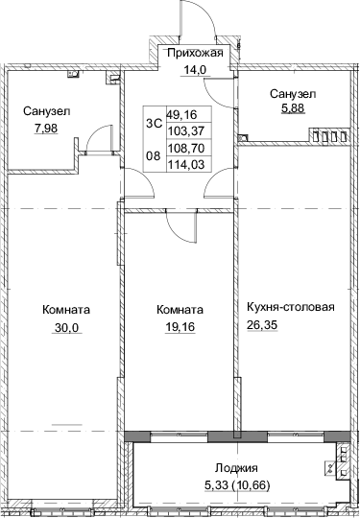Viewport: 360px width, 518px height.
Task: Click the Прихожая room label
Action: pyautogui.click(x=195, y=53)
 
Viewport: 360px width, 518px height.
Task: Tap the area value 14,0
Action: pyautogui.click(x=195, y=70)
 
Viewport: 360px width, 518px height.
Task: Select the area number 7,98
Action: pyautogui.click(x=46, y=129)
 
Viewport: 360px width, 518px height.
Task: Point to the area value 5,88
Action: pyautogui.click(x=293, y=108)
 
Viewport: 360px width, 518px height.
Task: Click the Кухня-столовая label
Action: pyautogui.click(x=291, y=307)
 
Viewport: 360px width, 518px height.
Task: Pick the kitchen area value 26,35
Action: pyautogui.click(x=262, y=325)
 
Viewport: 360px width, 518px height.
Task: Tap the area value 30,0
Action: pyautogui.click(x=67, y=328)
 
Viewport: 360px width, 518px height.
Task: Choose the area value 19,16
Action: pyautogui.click(x=180, y=327)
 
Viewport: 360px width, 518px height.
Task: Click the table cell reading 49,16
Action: pyautogui.click(x=181, y=115)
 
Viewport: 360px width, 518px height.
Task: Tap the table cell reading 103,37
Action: pyautogui.click(x=184, y=131)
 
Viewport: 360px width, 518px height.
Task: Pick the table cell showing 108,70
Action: pyautogui.click(x=184, y=148)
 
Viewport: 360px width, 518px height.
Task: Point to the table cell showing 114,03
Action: pyautogui.click(x=184, y=163)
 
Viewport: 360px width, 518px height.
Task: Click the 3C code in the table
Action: pyautogui.click(x=154, y=124)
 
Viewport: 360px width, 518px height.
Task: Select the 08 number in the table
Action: pyautogui.click(x=154, y=155)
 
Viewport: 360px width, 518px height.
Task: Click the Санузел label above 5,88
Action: pyautogui.click(x=293, y=94)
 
